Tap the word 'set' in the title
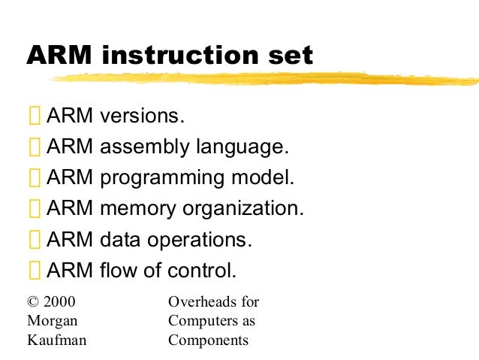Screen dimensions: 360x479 288,55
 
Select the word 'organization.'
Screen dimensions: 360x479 243,208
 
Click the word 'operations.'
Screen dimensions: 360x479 195,240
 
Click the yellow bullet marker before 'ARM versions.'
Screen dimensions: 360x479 35,117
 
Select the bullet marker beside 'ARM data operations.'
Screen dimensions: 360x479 35,241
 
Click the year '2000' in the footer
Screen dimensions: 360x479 60,302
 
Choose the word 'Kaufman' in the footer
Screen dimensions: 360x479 56,340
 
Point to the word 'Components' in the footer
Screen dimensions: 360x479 208,340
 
